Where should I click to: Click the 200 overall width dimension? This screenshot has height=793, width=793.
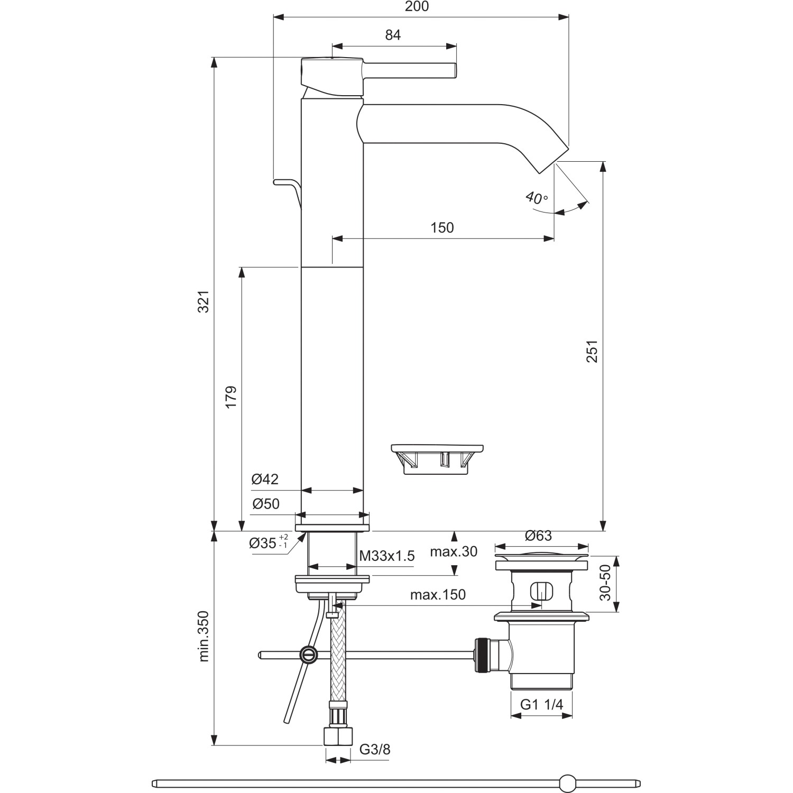(417, 6)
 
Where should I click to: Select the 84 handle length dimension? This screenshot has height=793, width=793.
(393, 35)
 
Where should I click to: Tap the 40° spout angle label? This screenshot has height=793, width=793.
(537, 198)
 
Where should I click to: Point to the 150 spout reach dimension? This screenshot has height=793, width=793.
(442, 227)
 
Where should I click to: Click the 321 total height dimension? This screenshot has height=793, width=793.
(204, 301)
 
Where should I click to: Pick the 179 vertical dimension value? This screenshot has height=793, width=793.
(231, 396)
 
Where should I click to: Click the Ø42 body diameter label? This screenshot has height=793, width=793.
(265, 479)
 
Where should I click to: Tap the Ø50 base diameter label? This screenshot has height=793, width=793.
(265, 504)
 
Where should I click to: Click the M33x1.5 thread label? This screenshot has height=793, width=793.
(386, 556)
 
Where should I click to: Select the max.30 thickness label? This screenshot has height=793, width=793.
(453, 552)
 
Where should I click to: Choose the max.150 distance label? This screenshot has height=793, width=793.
(438, 595)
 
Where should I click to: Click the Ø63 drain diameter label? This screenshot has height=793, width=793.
(538, 536)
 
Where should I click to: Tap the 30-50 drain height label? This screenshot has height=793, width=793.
(605, 583)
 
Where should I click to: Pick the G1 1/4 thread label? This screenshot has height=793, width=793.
(541, 704)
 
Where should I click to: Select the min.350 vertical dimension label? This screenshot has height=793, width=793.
(204, 636)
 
